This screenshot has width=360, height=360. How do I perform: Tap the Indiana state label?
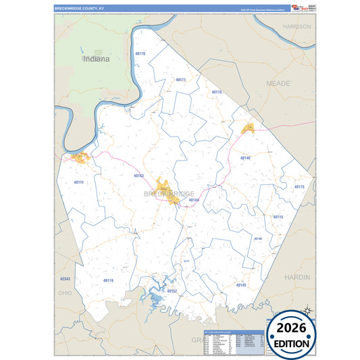[x=97, y=59]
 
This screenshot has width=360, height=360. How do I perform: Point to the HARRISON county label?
[x=297, y=26]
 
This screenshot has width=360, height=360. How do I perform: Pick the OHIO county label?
[x=65, y=293]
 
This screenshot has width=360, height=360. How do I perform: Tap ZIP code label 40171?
[x=180, y=80]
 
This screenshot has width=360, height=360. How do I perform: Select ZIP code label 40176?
[x=217, y=92]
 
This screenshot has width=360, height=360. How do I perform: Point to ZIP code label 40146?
[x=245, y=157]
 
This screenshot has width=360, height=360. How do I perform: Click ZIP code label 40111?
[x=78, y=182]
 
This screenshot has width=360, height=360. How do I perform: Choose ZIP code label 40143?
[x=138, y=176]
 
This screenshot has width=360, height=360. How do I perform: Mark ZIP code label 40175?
[x=299, y=186]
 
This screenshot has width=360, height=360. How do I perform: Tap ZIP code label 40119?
[x=108, y=280]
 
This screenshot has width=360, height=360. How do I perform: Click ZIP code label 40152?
[x=172, y=291]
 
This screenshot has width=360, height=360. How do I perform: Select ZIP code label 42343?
[x=65, y=279]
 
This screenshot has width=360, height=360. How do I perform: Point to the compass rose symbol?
[x=307, y=310]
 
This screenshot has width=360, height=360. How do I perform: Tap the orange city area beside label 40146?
[x=248, y=127]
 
